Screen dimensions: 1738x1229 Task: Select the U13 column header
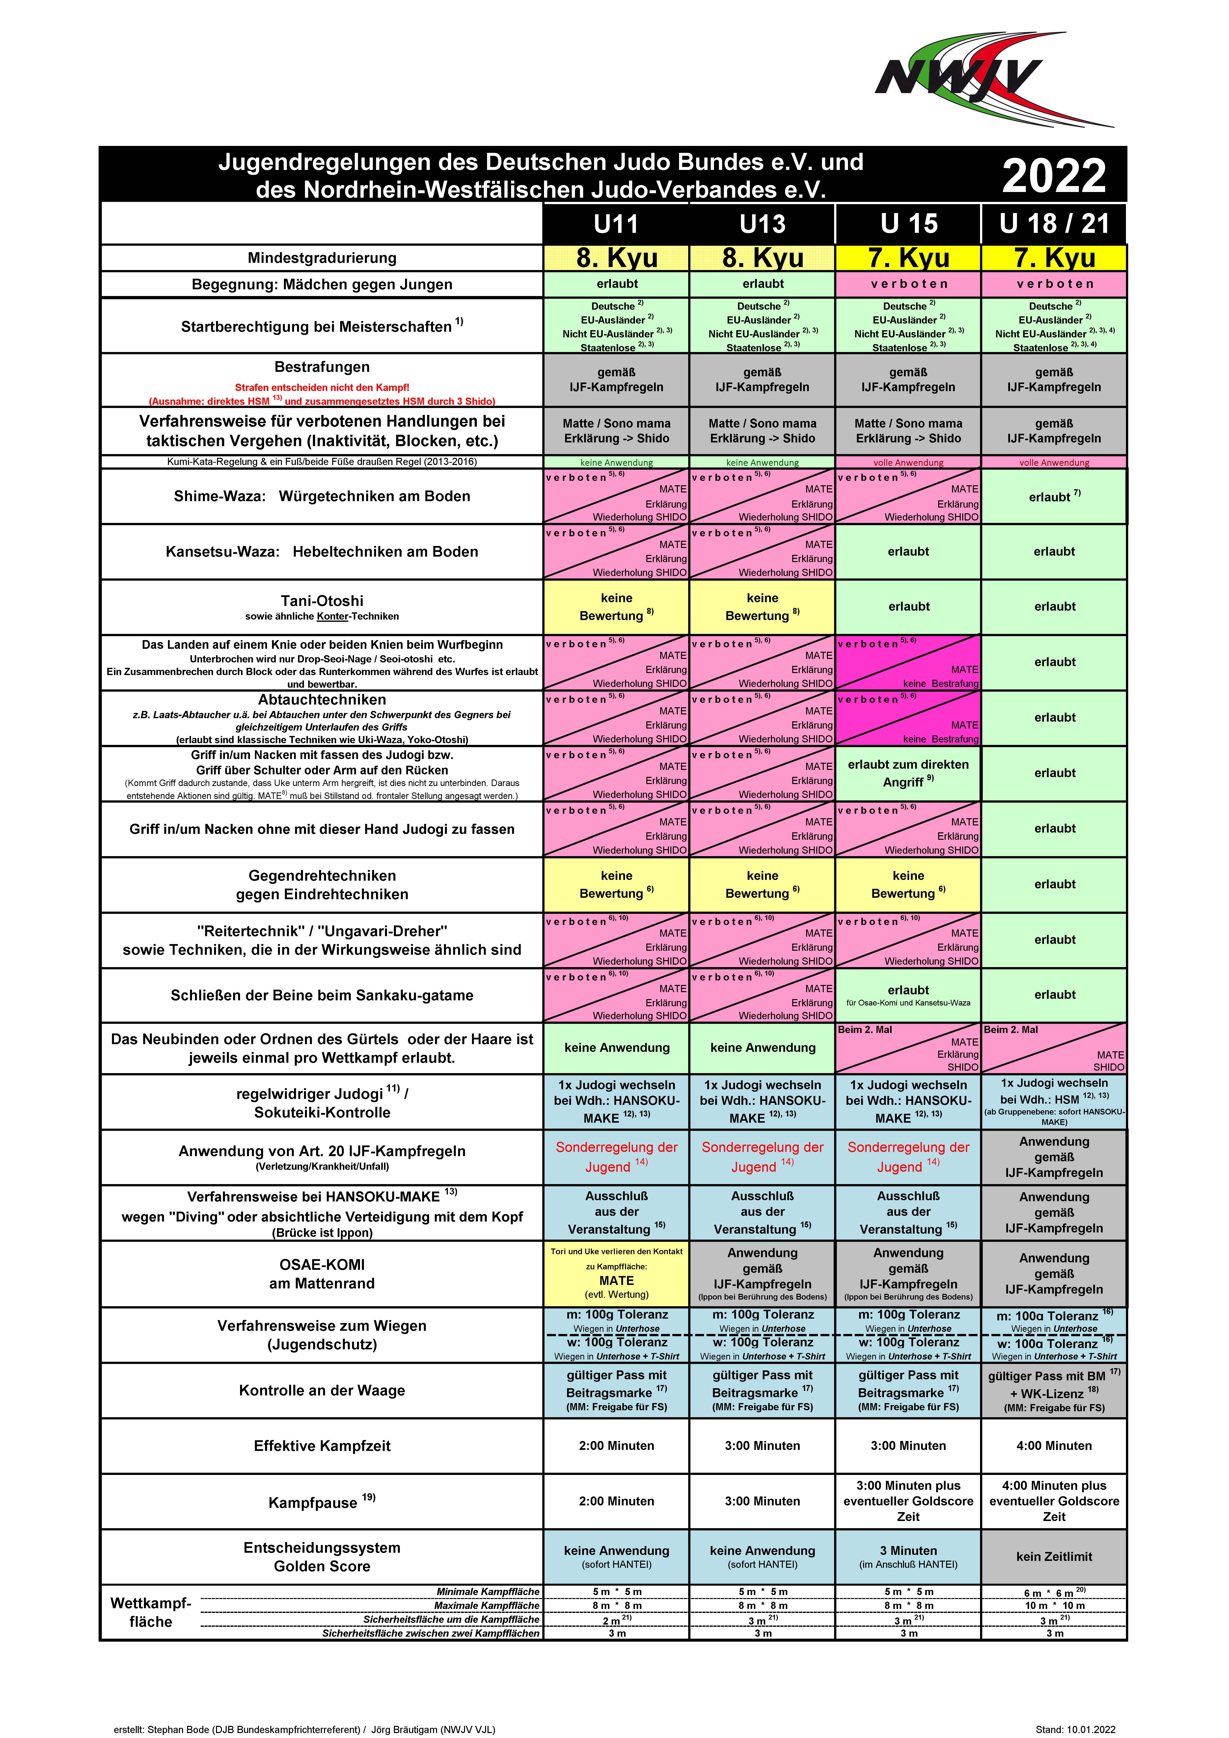tap(763, 224)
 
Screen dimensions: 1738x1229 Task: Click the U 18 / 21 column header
tap(1054, 224)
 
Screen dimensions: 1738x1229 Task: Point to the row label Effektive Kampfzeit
tap(322, 1446)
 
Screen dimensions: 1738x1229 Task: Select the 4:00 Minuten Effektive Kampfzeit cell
tap(1054, 1446)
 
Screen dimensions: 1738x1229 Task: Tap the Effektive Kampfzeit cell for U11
tap(616, 1446)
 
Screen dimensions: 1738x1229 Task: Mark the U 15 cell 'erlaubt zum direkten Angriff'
tap(908, 773)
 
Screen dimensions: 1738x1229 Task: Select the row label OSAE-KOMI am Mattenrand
tap(322, 1274)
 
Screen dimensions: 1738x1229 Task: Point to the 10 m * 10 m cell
tap(1054, 1605)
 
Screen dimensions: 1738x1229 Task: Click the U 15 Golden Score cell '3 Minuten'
tap(908, 1551)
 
